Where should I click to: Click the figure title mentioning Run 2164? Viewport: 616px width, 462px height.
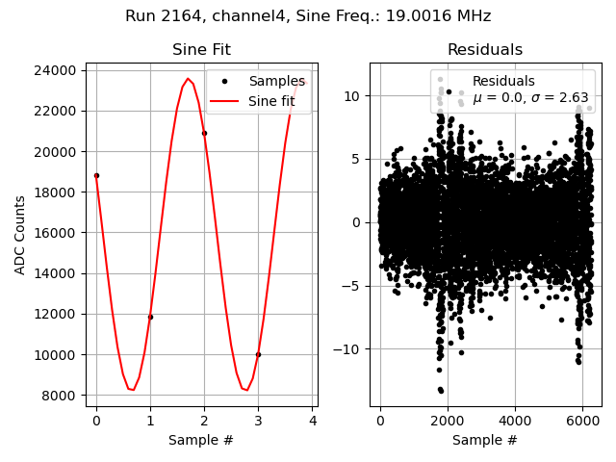(x=308, y=16)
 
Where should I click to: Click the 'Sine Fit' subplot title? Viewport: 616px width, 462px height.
(x=201, y=50)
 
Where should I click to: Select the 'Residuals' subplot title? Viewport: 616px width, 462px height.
(x=485, y=50)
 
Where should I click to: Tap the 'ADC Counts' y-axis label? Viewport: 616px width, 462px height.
(x=20, y=235)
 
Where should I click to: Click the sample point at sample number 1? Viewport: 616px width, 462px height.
(x=150, y=317)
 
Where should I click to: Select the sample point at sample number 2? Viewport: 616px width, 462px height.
(x=204, y=133)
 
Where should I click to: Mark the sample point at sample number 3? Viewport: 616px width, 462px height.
(x=258, y=354)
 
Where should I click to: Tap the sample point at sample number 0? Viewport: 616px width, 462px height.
(x=96, y=175)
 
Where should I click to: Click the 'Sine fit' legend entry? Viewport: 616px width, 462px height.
(x=271, y=101)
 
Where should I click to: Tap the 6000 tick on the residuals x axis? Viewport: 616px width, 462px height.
(x=582, y=422)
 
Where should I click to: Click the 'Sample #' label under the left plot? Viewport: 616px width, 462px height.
(x=201, y=441)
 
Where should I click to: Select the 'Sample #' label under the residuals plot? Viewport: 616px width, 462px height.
(x=485, y=441)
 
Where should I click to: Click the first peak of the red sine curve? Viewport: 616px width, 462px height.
(x=188, y=79)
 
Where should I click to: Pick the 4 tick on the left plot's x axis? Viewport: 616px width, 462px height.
(x=312, y=422)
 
